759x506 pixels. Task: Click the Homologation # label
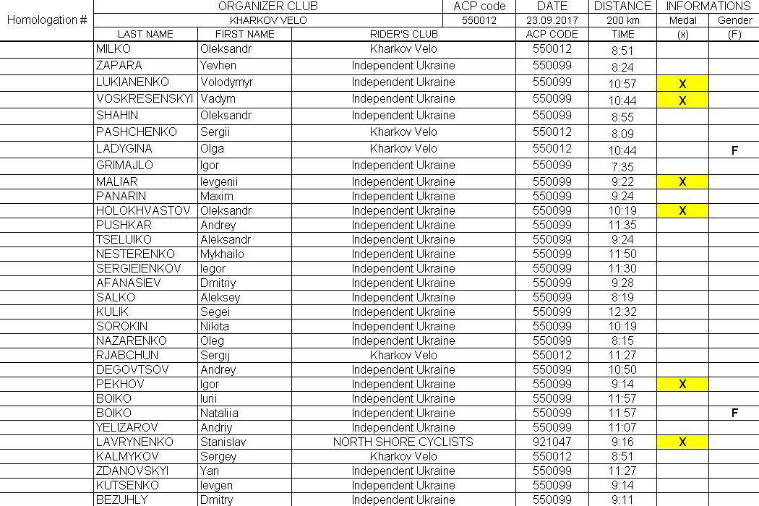[x=46, y=20]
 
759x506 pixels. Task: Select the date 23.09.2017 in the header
[x=553, y=20]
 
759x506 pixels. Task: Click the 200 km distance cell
[x=623, y=20]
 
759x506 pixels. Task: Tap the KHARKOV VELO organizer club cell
[x=268, y=20]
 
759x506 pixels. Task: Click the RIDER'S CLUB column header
[x=403, y=34]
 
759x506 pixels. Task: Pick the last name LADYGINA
[x=124, y=148]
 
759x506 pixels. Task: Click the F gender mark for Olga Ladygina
[x=734, y=151]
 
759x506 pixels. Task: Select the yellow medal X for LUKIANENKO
[x=682, y=84]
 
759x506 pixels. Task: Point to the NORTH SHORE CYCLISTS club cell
[x=403, y=442]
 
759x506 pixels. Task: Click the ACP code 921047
[x=552, y=442]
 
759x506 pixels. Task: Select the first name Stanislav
[x=224, y=442]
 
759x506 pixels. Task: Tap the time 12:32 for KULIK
[x=622, y=312]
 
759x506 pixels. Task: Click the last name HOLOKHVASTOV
[x=143, y=210]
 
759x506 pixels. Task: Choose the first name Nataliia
[x=219, y=413]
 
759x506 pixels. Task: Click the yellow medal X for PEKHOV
[x=682, y=385]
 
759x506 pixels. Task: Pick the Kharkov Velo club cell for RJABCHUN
[x=403, y=355]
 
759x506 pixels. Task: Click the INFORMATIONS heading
[x=708, y=6]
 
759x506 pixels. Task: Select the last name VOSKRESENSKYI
[x=144, y=98]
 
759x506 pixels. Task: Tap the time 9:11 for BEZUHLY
[x=622, y=499]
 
